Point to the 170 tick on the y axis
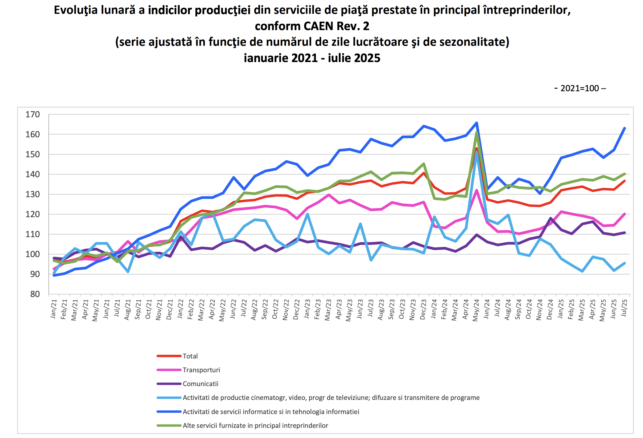point(33,115)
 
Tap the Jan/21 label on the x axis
point(54,309)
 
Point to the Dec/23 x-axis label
point(423,310)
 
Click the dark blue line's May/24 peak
point(477,123)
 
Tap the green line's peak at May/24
point(477,133)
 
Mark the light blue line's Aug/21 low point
point(128,272)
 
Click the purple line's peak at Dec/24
point(551,218)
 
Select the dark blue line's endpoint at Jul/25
point(625,128)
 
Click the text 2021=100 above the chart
point(580,88)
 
